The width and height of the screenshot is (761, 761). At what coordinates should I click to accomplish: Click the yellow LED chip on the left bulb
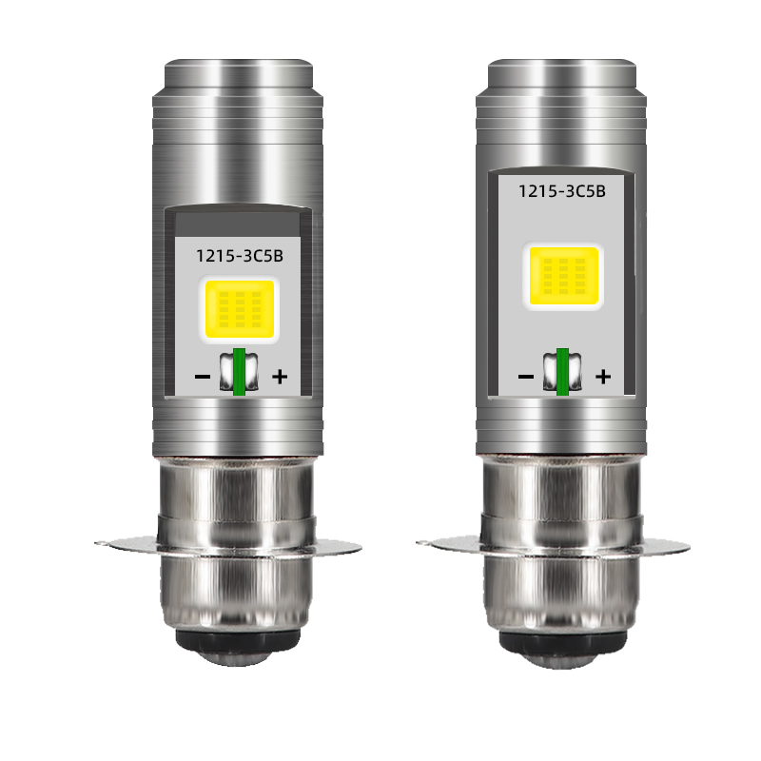click(x=240, y=309)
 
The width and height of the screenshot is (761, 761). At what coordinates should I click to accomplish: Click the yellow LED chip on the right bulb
click(x=563, y=276)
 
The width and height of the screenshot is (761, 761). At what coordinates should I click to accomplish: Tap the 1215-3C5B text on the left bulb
click(x=240, y=256)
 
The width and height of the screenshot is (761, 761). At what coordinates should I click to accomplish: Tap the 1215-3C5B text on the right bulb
click(x=562, y=191)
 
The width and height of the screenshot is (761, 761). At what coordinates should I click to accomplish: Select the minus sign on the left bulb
click(x=203, y=376)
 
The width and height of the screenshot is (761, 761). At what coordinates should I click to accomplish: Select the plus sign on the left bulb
click(x=280, y=376)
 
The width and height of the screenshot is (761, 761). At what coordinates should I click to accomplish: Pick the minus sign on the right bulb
click(x=526, y=376)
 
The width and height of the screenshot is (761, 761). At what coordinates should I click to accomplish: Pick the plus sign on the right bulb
click(x=603, y=376)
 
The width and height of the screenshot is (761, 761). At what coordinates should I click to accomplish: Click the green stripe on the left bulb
click(x=239, y=372)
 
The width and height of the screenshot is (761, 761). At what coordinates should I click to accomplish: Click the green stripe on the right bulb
click(x=562, y=372)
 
